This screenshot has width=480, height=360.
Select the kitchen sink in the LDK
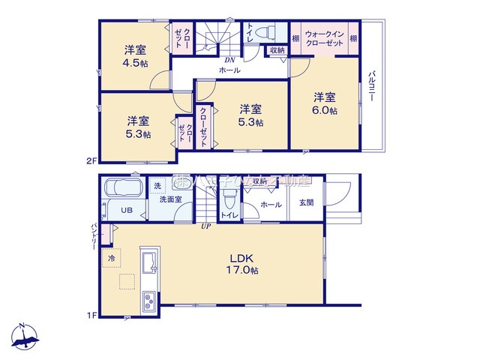pyautogui.click(x=147, y=263)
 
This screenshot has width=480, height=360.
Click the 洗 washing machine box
pyautogui.click(x=157, y=185)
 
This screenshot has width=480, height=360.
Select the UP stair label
pyautogui.click(x=205, y=226)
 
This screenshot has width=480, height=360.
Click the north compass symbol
pyautogui.click(x=26, y=337)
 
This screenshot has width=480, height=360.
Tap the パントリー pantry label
pyautogui.click(x=94, y=236)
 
